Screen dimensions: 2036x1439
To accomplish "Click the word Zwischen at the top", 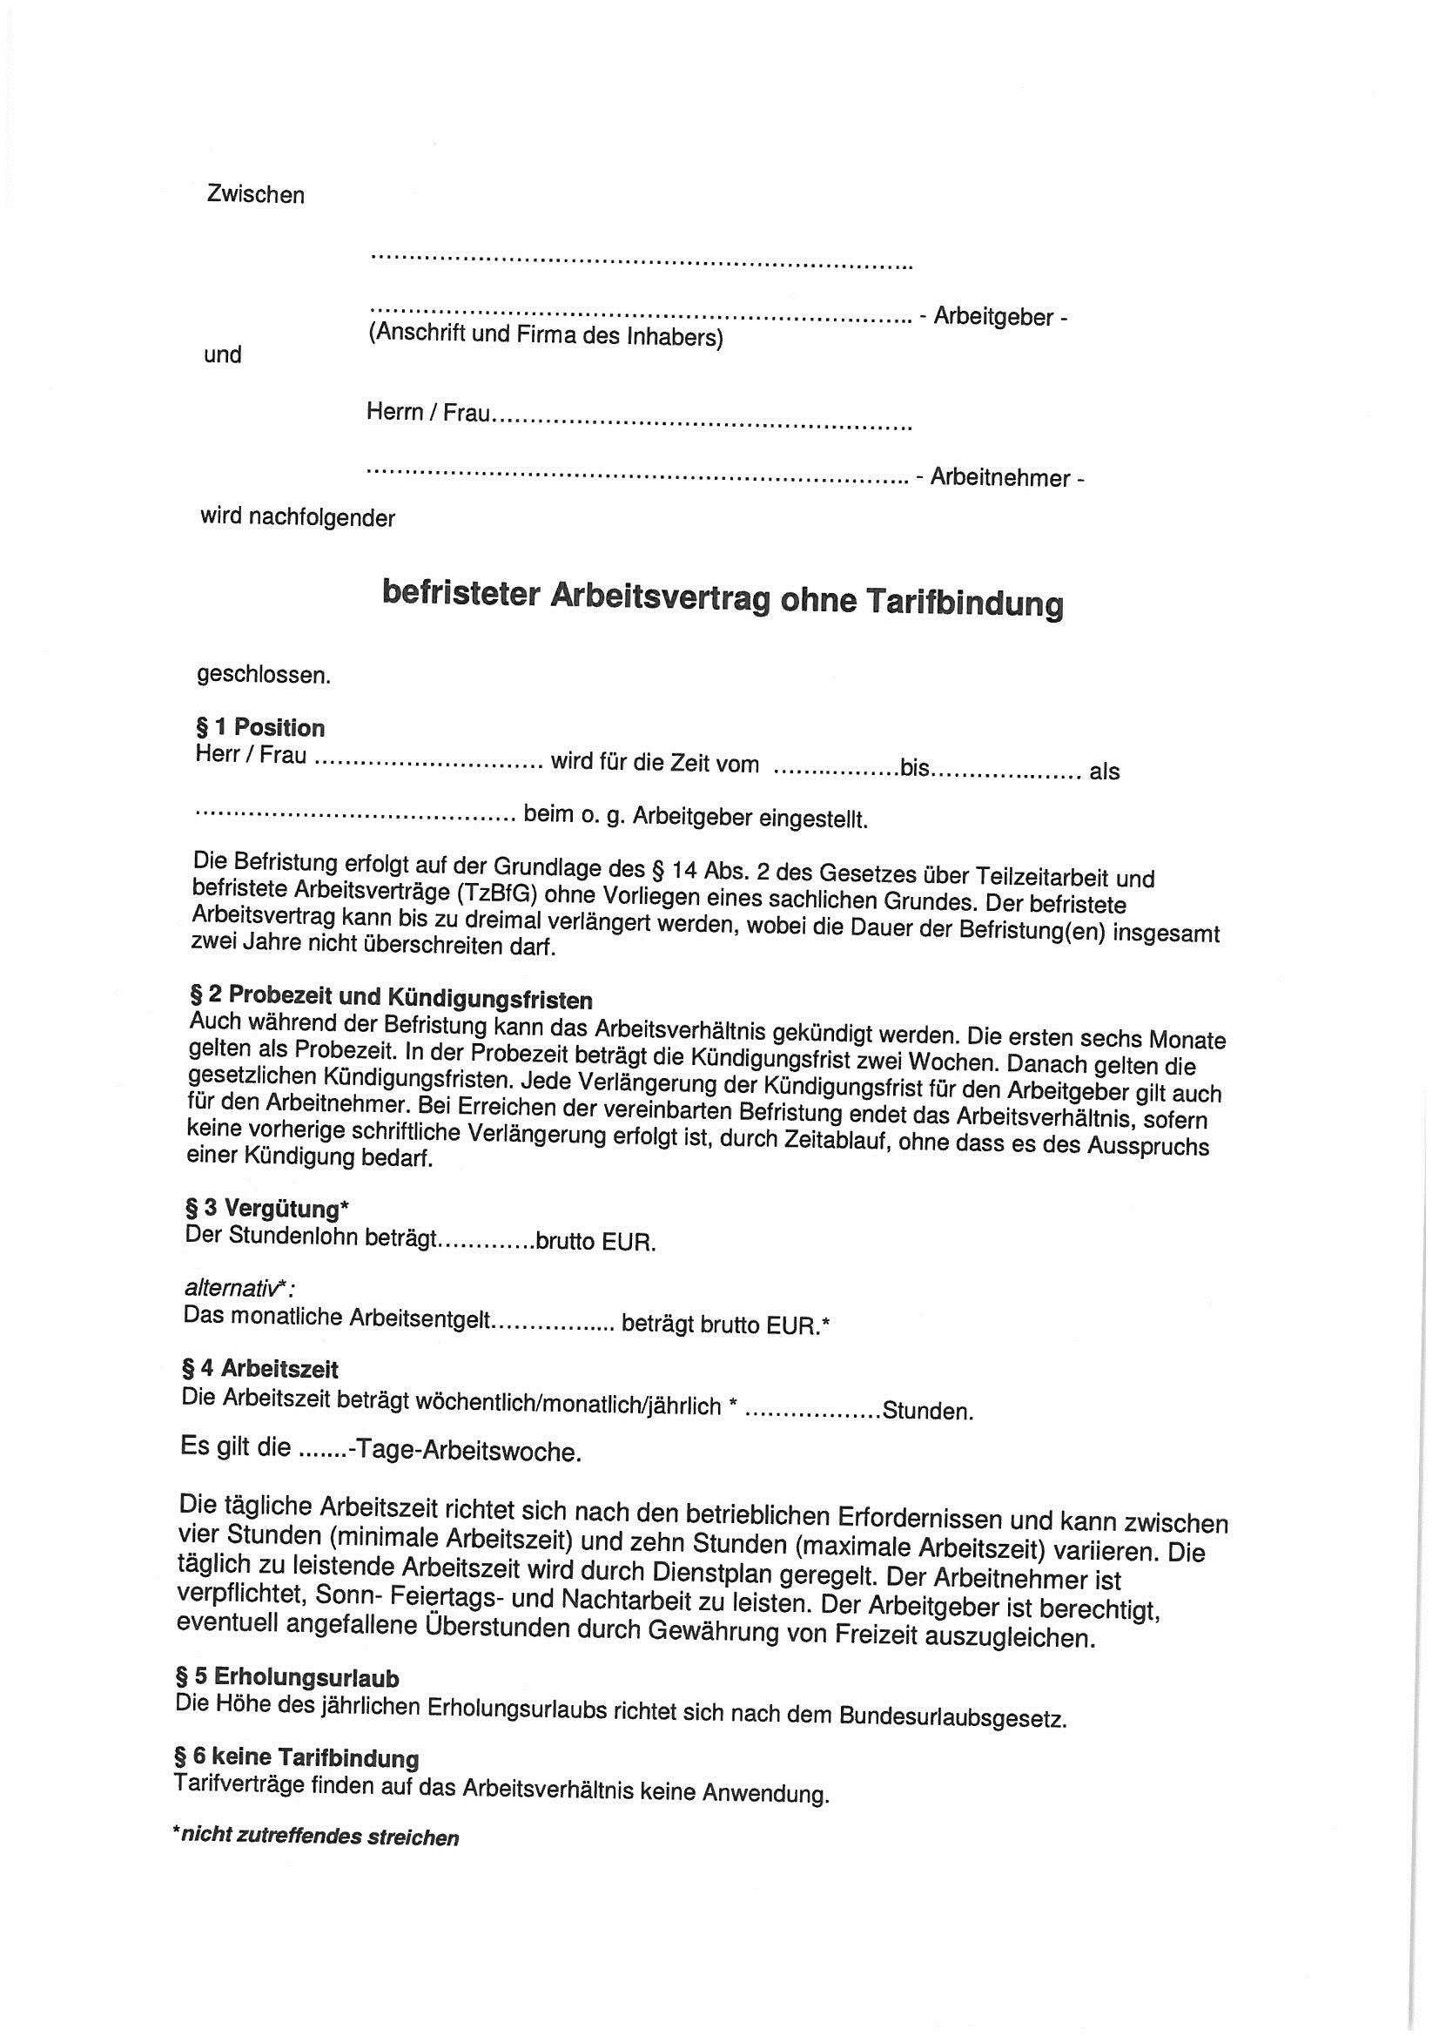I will [x=255, y=195].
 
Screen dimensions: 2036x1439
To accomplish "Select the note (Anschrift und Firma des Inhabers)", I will [x=544, y=336].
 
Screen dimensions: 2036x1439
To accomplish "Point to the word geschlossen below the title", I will [x=263, y=675].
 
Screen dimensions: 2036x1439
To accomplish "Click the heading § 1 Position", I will [x=259, y=728].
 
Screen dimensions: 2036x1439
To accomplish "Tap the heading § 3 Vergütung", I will [x=268, y=1209].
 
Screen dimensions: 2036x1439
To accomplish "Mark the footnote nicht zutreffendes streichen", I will [x=319, y=1837].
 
